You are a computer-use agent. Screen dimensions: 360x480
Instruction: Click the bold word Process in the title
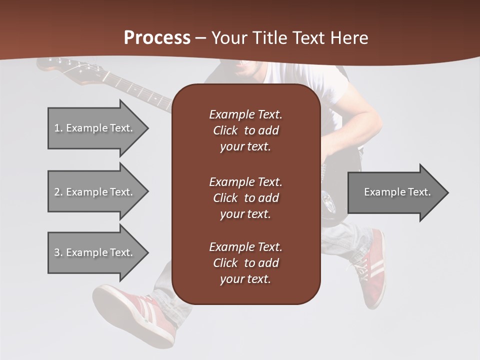click(157, 38)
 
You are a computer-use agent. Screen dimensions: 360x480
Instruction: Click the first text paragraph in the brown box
click(245, 130)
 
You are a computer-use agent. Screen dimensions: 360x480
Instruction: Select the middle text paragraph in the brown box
click(245, 197)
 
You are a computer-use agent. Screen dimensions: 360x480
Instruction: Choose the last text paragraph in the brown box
click(245, 262)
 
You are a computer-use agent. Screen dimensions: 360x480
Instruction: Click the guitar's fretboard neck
click(135, 90)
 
